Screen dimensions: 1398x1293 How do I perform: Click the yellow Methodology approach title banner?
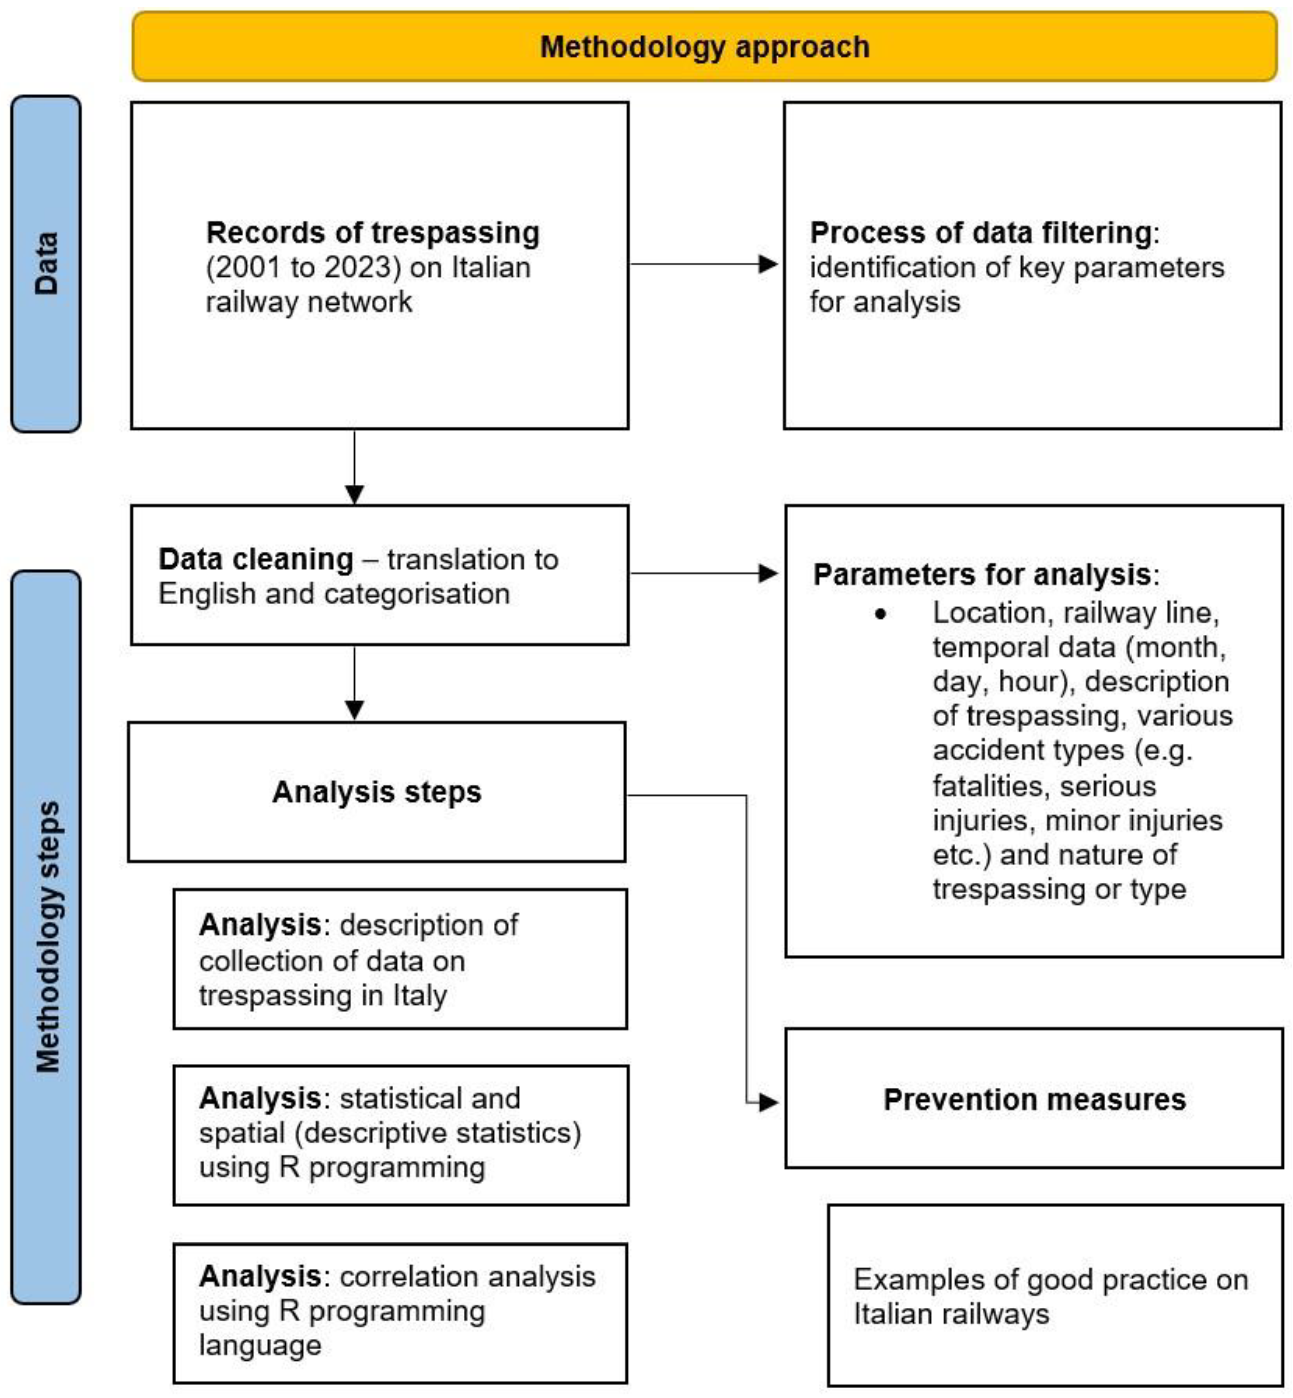tap(705, 46)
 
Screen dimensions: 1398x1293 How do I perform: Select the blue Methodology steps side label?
tap(46, 938)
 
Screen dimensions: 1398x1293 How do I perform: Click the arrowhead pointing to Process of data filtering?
tap(768, 264)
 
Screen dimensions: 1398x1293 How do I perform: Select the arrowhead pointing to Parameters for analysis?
tap(768, 574)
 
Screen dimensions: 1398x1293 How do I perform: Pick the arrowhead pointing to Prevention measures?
tap(768, 1102)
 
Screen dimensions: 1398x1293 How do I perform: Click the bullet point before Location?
tap(880, 615)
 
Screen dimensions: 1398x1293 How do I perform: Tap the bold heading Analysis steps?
tap(377, 792)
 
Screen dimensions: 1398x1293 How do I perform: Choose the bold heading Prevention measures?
tap(1034, 1099)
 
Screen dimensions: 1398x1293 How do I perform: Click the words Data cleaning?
tap(255, 559)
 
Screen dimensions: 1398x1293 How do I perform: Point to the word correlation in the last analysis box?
tap(400, 1276)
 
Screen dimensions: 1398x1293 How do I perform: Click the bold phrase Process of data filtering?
tap(980, 233)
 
